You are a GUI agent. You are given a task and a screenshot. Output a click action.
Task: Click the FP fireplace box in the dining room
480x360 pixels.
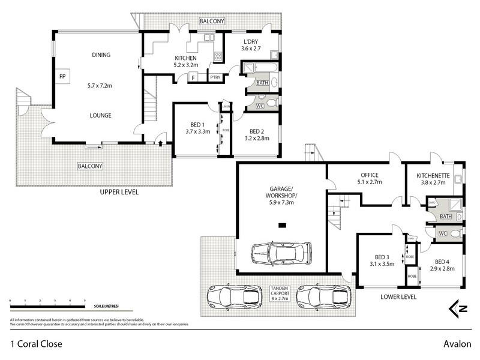tap(62, 77)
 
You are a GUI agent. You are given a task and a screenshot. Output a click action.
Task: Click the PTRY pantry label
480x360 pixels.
tap(214, 77)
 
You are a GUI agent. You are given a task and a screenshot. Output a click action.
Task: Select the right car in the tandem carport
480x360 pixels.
tap(323, 296)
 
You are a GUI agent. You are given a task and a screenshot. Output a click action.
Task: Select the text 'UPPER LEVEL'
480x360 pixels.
tap(119, 192)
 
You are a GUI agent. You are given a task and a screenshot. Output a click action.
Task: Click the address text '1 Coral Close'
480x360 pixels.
tap(36, 344)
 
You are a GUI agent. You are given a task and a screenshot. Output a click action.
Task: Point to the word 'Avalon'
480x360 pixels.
tap(457, 344)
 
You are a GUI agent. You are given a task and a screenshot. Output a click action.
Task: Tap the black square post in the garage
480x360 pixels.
tap(282, 225)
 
